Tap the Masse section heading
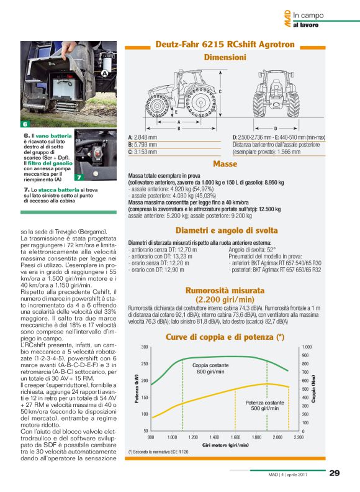pos(225,164)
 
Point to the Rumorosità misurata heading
pos(225,290)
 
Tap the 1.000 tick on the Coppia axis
pos(307,347)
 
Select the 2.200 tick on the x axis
pos(299,437)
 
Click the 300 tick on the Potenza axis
pos(144,347)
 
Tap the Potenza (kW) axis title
pos(136,388)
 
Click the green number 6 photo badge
pos(25,124)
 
